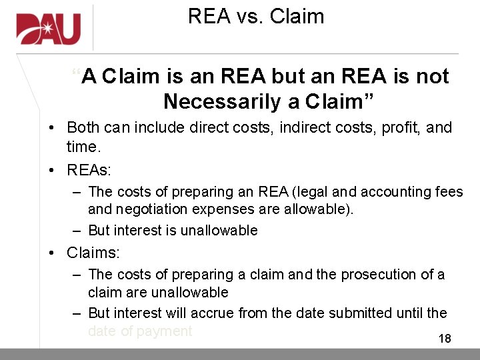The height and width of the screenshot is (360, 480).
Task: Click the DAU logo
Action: click(49, 29)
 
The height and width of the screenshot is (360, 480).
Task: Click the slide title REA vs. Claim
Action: click(256, 16)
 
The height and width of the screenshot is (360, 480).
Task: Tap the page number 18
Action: click(445, 339)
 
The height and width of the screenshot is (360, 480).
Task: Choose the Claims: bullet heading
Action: click(93, 253)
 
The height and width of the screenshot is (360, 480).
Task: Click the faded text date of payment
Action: click(140, 331)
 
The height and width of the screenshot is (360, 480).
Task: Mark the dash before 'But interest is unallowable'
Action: click(77, 231)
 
